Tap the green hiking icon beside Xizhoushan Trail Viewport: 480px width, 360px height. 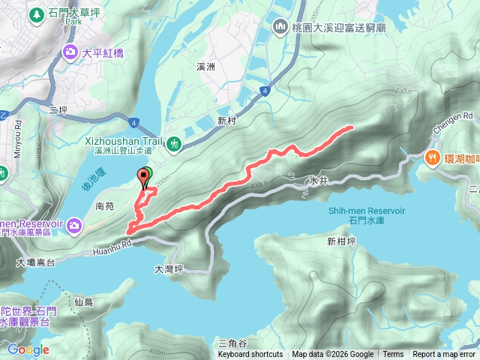pos(174,142)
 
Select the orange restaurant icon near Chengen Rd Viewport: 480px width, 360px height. pos(432,157)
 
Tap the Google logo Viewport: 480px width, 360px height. pos(28,349)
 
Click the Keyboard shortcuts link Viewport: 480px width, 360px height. pos(250,355)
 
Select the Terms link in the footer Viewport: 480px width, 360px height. pos(393,355)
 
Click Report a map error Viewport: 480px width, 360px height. pos(444,355)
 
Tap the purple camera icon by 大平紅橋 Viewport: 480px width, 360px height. pos(70,52)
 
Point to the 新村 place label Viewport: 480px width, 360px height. pos(227,120)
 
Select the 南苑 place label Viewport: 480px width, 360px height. pos(104,205)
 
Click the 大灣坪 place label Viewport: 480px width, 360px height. pos(169,268)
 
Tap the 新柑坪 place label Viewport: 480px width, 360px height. pos(341,241)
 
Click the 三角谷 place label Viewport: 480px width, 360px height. pos(217,343)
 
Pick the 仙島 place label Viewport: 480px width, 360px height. pos(84,301)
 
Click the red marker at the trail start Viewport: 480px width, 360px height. pos(142,178)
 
